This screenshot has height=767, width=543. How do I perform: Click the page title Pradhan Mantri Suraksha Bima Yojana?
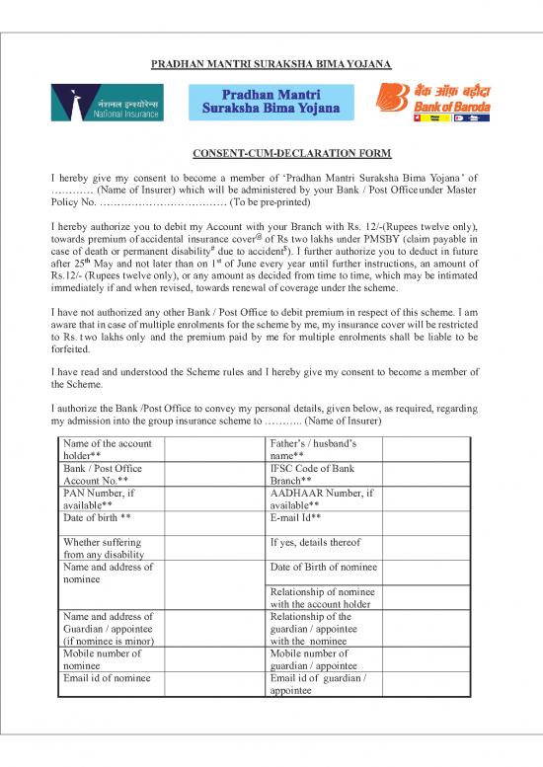[271, 65]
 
